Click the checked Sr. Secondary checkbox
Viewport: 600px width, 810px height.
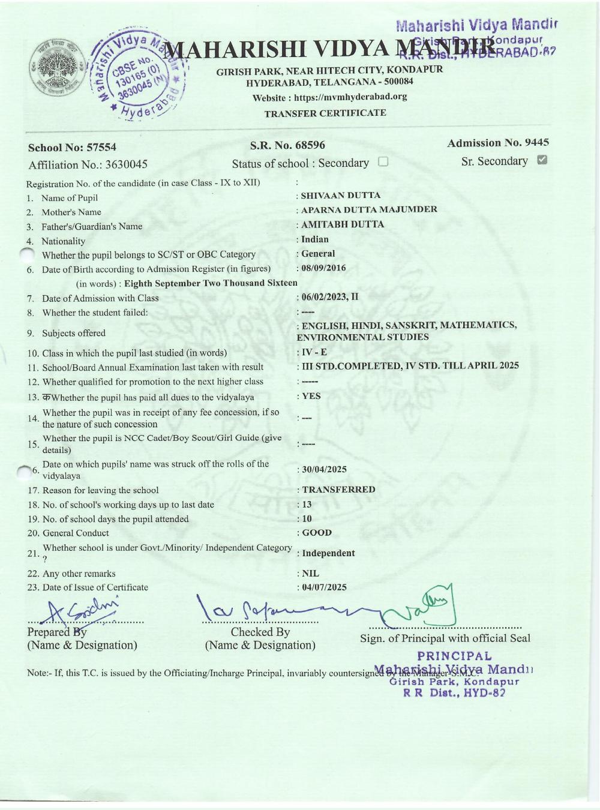(x=542, y=160)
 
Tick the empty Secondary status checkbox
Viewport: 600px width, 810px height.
(x=383, y=161)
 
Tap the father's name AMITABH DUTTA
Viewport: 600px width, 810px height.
(x=342, y=224)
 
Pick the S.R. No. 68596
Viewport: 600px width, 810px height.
(x=287, y=145)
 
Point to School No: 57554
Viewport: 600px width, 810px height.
(x=72, y=148)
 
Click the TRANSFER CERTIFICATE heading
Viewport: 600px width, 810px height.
(x=325, y=113)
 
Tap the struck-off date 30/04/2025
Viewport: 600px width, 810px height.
(x=324, y=469)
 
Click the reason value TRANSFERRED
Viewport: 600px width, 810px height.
(x=338, y=490)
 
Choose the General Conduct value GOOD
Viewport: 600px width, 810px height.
(x=317, y=533)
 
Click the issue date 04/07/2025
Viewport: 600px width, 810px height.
(x=324, y=587)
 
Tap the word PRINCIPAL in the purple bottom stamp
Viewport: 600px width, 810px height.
(x=454, y=656)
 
